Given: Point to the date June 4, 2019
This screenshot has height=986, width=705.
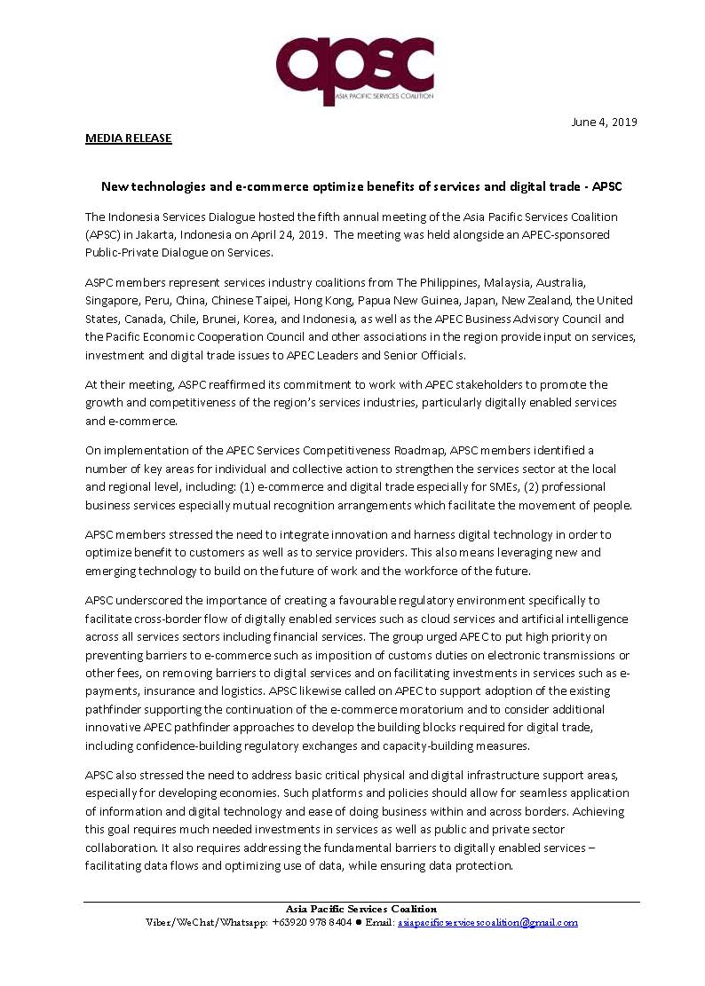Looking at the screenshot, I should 604,122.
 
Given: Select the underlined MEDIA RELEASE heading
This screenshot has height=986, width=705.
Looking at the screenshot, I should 129,138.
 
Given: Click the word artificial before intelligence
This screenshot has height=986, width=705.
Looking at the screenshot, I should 522,618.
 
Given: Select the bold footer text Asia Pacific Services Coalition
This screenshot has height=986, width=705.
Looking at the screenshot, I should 360,909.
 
